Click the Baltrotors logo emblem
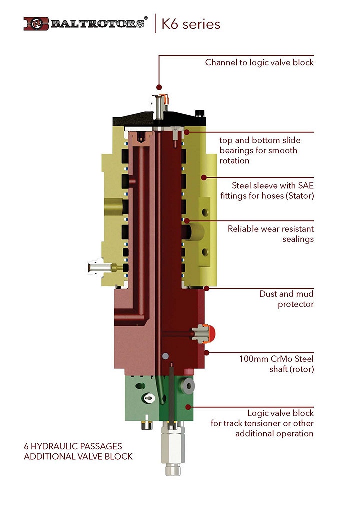tap(36, 23)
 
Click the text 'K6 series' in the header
tap(191, 24)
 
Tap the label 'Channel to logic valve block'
tap(259, 63)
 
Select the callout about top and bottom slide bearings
tap(260, 150)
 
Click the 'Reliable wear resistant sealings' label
tap(271, 234)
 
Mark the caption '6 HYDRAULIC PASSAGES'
tap(73, 446)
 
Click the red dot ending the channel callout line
tap(159, 87)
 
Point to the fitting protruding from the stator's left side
tap(98, 268)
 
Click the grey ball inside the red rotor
tap(165, 356)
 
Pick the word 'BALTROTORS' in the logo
tap(98, 23)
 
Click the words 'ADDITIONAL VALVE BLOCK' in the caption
tap(78, 456)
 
